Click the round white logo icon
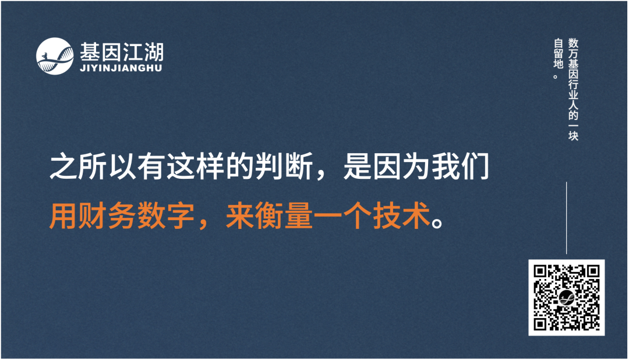point(55,56)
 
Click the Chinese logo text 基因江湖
point(122,52)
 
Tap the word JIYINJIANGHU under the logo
point(121,68)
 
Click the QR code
point(566,298)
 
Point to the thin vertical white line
point(567,217)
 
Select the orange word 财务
point(108,216)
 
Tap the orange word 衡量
point(284,216)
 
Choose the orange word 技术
point(401,216)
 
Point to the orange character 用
point(63,216)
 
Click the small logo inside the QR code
point(566,298)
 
